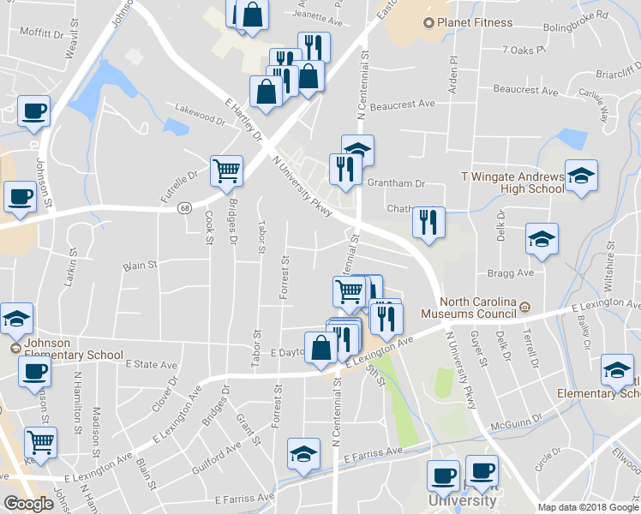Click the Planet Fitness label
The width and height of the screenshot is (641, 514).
(473, 23)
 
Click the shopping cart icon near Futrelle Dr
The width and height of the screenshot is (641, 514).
(227, 170)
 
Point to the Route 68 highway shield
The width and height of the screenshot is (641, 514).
(185, 208)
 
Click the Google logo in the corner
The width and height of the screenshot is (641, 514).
(28, 504)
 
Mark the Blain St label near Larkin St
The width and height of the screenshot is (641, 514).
(141, 266)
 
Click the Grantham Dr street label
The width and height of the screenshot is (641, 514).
(396, 183)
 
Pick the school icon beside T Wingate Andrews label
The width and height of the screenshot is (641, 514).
(581, 175)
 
